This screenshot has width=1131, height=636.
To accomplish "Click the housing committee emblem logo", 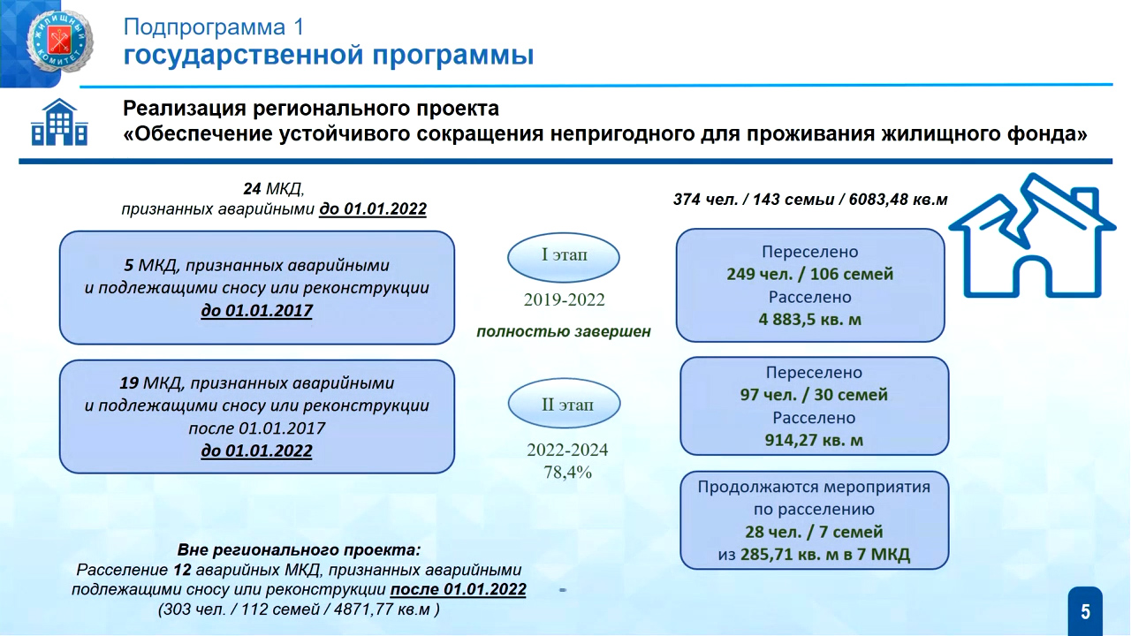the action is coord(59,42).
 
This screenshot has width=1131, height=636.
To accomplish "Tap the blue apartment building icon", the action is coord(59,122).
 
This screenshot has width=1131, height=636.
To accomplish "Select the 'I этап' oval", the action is coord(564,257).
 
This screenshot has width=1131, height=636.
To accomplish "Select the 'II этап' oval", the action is coord(564,404).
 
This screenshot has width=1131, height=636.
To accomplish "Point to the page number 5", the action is coord(1086,612).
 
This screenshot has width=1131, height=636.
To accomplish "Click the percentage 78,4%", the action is coord(567,473).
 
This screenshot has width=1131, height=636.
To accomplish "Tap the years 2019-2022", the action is coord(564,299).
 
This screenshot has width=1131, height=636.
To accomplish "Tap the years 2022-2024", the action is coord(567,450).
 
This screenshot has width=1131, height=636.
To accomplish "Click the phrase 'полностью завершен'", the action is coord(564,331).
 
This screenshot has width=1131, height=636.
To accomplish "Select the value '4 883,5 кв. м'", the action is coord(810,320).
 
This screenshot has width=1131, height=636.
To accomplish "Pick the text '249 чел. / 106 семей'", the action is coord(810,274).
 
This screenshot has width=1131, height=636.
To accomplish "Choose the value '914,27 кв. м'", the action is coord(814,440).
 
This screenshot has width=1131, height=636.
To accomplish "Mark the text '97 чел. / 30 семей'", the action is coord(814,395).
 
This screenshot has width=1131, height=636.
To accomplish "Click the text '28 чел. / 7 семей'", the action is coord(814,532).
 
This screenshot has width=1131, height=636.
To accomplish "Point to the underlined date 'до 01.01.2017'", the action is coord(256,310).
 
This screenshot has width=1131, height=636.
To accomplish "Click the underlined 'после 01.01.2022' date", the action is coord(458,589).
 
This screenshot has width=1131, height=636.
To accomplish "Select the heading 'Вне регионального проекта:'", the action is coord(299,549).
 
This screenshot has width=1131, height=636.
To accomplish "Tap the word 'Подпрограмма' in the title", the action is coord(204,27).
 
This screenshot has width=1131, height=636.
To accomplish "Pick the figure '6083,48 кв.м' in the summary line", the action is coord(899,200).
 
